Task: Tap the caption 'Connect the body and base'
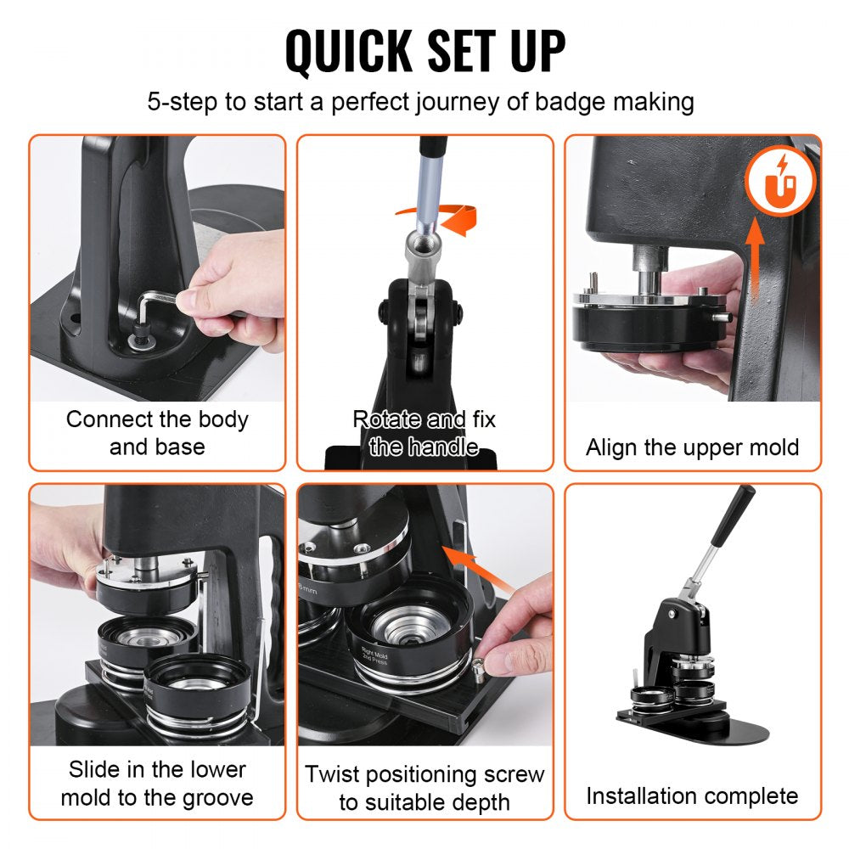[157, 433]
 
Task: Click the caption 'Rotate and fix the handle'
[424, 433]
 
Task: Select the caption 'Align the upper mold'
[692, 447]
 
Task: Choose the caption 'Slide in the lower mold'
[157, 783]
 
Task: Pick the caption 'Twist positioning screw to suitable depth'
[424, 788]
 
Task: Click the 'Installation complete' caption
[692, 796]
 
